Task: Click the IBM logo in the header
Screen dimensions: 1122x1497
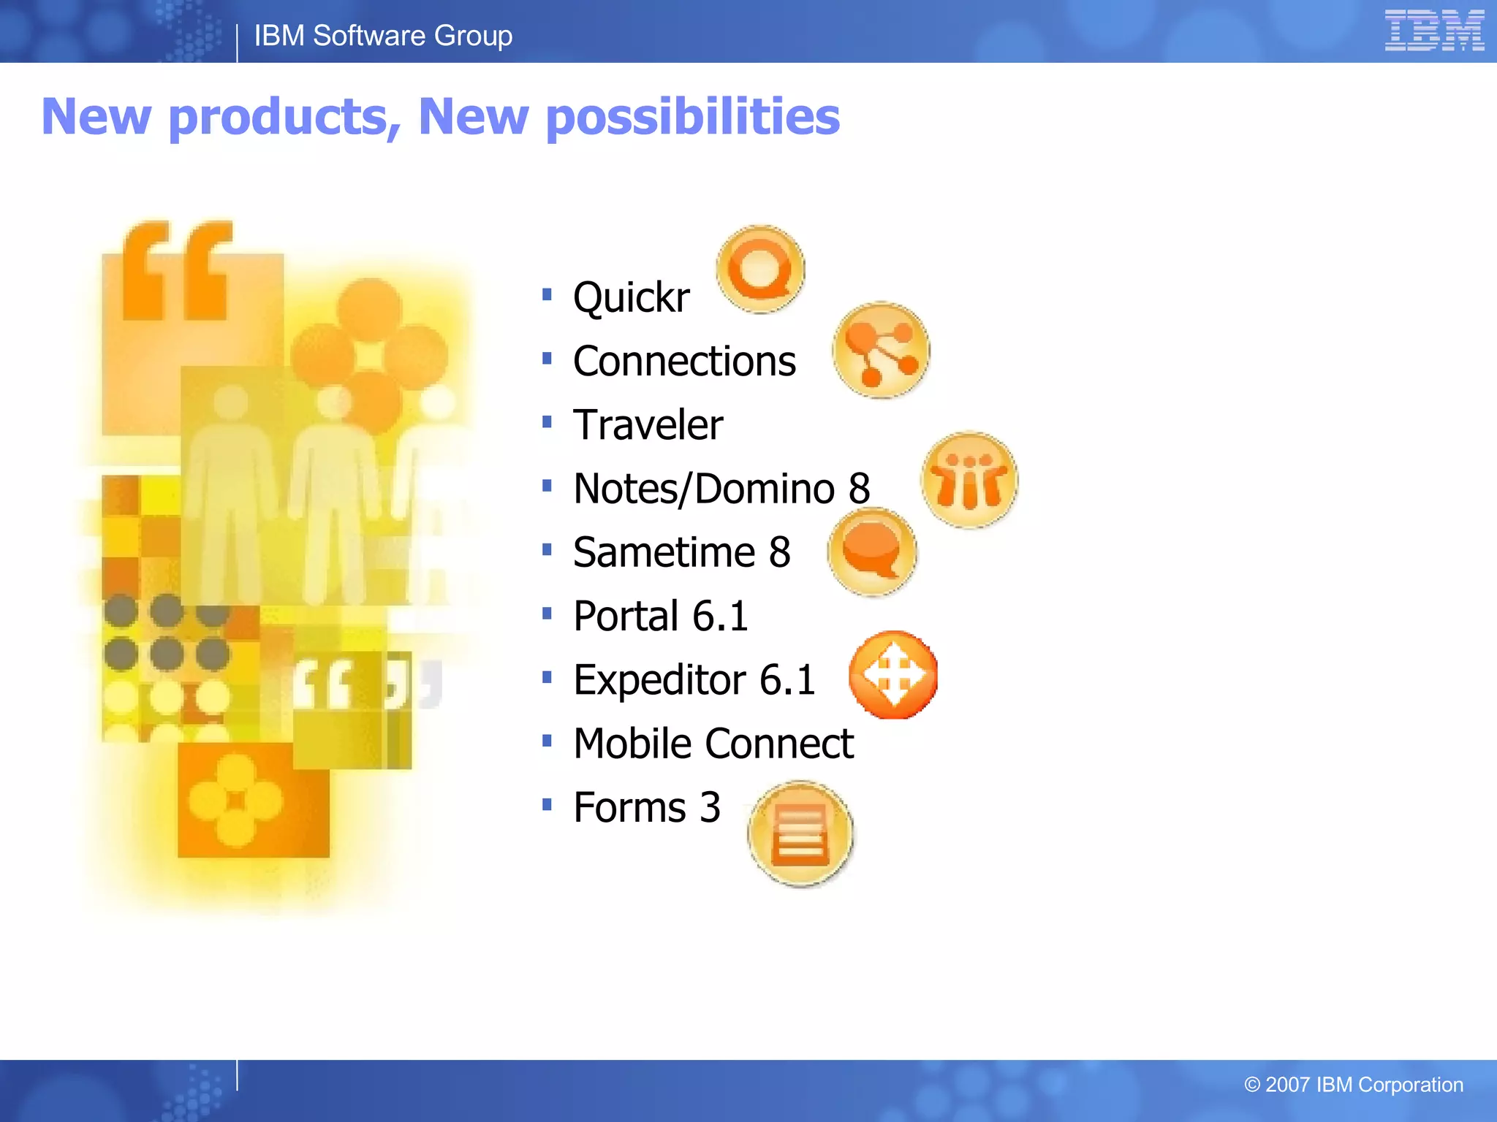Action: point(1433,31)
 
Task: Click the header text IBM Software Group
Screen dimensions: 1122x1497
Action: point(383,36)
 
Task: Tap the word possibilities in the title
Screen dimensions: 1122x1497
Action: point(692,117)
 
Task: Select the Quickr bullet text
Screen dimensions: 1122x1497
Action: point(631,297)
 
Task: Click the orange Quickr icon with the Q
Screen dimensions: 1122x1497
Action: point(760,270)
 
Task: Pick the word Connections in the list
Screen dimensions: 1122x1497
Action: point(684,361)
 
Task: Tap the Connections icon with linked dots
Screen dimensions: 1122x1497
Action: point(881,351)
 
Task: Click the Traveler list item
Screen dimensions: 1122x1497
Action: point(648,424)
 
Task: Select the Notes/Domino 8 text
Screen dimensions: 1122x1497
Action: point(721,488)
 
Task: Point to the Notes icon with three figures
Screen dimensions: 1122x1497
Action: point(969,480)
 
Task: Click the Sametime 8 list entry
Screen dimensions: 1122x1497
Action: point(681,552)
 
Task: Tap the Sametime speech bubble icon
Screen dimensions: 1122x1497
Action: point(871,552)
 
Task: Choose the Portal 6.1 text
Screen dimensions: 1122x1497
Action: point(661,616)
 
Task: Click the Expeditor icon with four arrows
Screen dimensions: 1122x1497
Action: point(893,675)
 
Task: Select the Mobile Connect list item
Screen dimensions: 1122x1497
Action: point(713,744)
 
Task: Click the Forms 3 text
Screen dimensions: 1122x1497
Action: point(647,807)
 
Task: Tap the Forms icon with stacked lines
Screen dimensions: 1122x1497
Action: point(801,834)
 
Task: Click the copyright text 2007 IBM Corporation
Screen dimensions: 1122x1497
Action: point(1354,1085)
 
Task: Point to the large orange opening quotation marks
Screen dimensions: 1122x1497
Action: point(177,271)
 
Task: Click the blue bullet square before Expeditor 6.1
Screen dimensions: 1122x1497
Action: point(547,677)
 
